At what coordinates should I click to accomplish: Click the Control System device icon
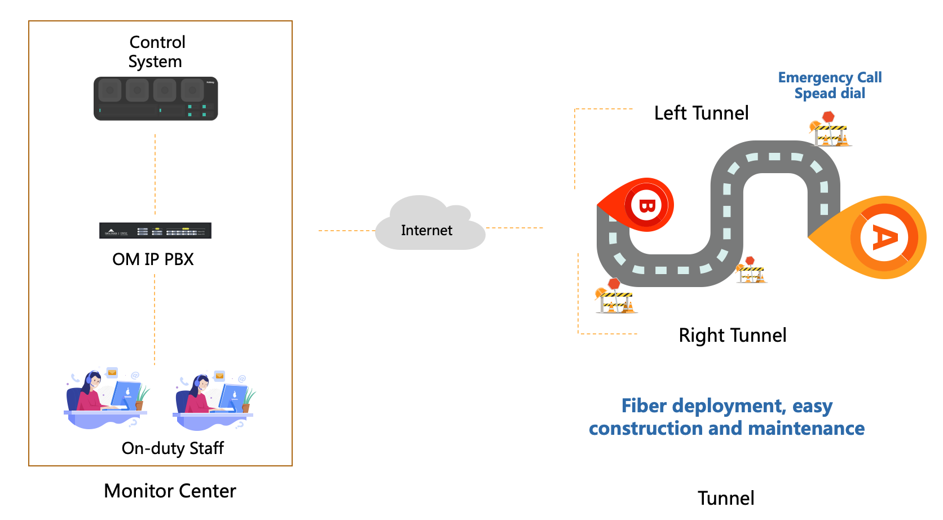156,99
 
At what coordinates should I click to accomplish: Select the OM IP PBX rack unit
155,231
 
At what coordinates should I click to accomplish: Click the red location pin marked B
643,205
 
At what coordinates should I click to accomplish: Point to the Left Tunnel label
701,113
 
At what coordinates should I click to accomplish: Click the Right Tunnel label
732,336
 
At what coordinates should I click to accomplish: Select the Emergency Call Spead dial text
830,85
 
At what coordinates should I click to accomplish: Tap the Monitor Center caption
170,491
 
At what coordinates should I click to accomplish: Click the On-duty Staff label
173,448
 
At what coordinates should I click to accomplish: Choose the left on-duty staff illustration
107,398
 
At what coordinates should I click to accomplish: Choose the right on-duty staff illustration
214,400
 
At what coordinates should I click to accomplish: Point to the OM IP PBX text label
153,259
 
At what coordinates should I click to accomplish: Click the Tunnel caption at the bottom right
726,499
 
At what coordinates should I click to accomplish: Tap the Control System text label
156,52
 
